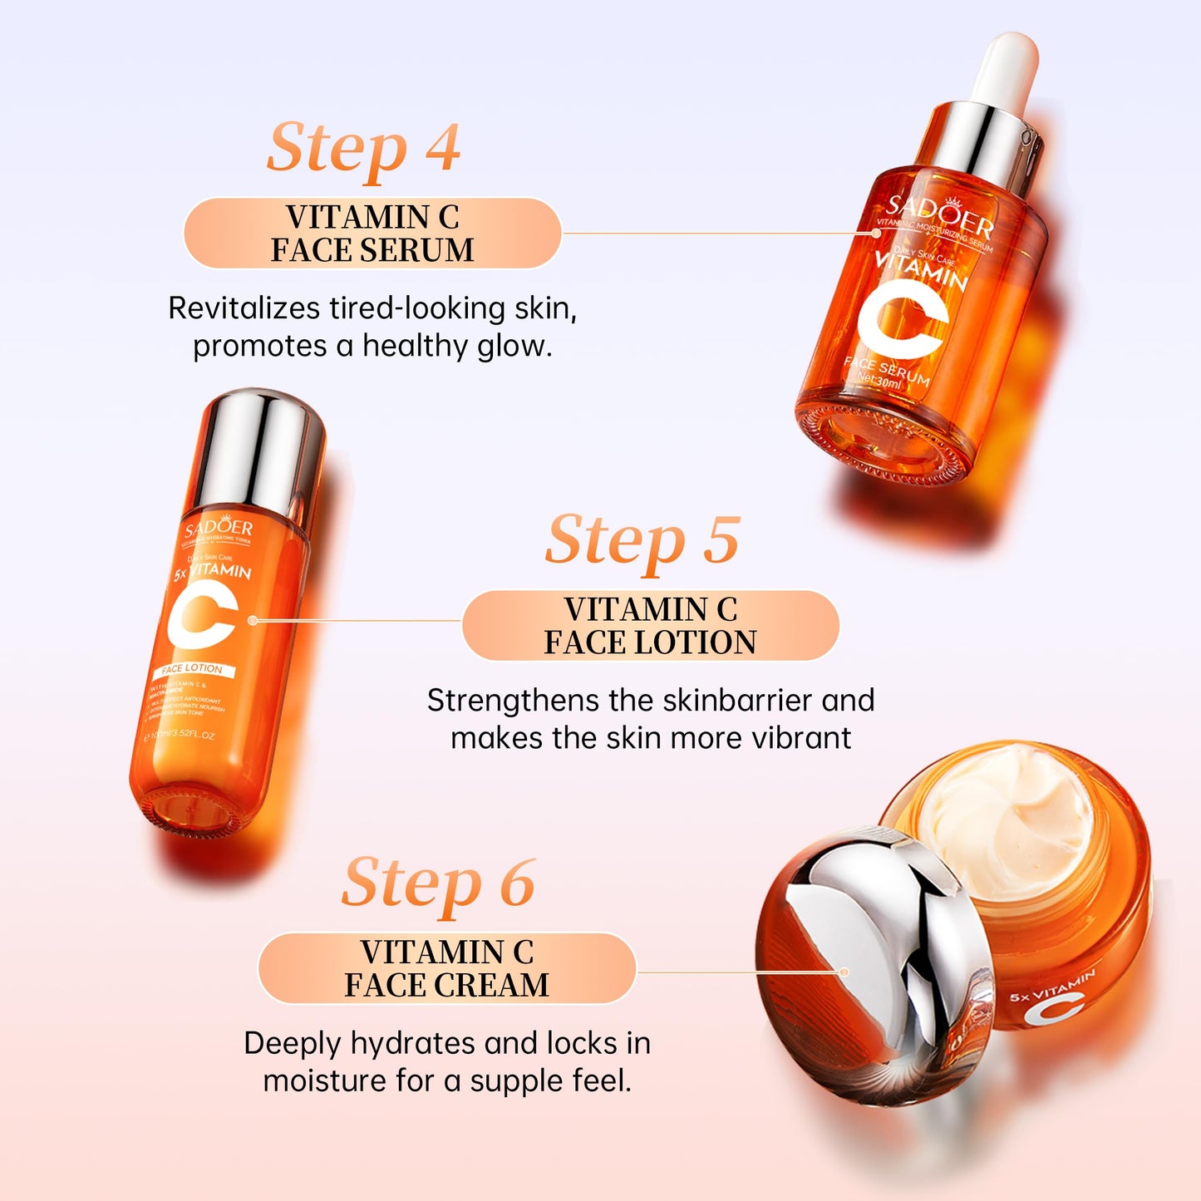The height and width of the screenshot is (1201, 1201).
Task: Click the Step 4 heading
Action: pyautogui.click(x=363, y=148)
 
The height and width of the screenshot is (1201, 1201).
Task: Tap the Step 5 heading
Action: pyautogui.click(x=642, y=540)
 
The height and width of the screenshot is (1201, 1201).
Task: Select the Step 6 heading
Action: pyautogui.click(x=438, y=883)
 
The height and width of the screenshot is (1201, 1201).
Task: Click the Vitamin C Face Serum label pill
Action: pyautogui.click(x=372, y=234)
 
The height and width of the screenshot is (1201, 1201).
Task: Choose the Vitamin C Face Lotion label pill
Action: pyautogui.click(x=650, y=626)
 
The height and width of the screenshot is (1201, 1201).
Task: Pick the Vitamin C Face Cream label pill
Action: pyautogui.click(x=447, y=968)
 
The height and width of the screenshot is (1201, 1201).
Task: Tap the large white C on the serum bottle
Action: pyautogui.click(x=903, y=321)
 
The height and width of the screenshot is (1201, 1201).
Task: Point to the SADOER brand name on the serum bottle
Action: pyautogui.click(x=939, y=215)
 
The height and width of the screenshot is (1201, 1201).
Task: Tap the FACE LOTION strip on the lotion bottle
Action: pyautogui.click(x=193, y=669)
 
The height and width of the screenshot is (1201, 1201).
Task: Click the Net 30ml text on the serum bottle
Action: pyautogui.click(x=879, y=381)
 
